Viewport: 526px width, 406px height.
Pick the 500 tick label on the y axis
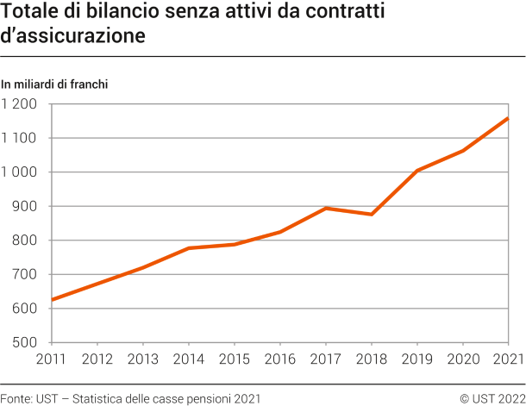25,343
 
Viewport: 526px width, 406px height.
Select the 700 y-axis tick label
25,275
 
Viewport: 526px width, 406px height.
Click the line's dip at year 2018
371,214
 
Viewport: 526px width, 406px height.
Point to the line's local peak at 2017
325,208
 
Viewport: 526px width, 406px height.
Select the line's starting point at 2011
52,300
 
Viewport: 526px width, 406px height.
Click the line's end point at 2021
507,118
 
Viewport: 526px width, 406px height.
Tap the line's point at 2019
416,171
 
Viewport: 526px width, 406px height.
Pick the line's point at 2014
188,248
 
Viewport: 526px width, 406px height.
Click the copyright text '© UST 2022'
492,397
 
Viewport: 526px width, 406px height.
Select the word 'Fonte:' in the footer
16,397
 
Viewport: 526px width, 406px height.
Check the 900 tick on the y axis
25,207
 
